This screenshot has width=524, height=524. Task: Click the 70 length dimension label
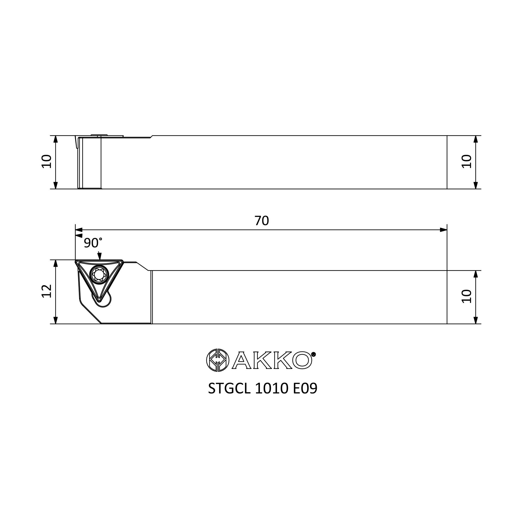click(262, 221)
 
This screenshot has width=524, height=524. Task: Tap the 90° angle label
click(93, 243)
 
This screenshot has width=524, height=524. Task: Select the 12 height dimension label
click(47, 291)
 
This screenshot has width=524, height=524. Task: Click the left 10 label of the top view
click(47, 162)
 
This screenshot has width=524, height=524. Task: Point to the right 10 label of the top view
click(467, 162)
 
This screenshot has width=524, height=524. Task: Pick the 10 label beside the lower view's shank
click(467, 296)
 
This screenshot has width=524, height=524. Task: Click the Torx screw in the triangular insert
click(99, 275)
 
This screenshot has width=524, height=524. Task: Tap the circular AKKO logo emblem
click(218, 360)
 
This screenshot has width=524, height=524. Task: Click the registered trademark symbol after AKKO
click(313, 354)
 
